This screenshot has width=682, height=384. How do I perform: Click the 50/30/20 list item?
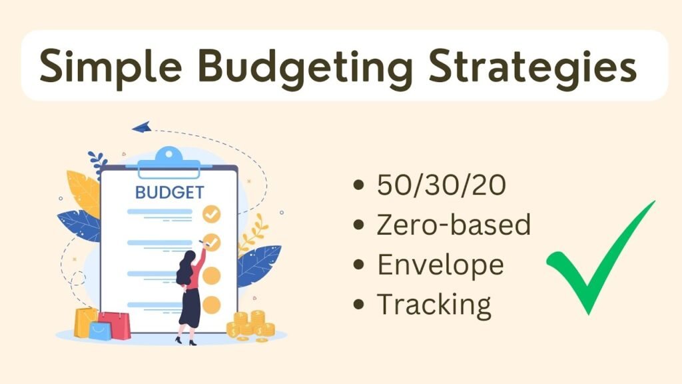pyautogui.click(x=442, y=185)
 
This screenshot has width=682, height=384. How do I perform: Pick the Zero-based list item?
pyautogui.click(x=454, y=224)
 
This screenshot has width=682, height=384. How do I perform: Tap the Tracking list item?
pyautogui.click(x=434, y=305)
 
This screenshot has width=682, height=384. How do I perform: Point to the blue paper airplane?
pyautogui.click(x=141, y=127)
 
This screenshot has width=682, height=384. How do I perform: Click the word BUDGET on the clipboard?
pyautogui.click(x=169, y=193)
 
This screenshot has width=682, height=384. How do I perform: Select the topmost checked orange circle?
pyautogui.click(x=211, y=214)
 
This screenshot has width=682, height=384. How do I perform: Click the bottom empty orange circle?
pyautogui.click(x=211, y=305)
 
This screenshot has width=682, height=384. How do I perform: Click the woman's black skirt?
pyautogui.click(x=190, y=307)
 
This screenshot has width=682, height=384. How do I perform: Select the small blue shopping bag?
pyautogui.click(x=101, y=331)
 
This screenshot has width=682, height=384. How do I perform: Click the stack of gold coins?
pyautogui.click(x=251, y=325)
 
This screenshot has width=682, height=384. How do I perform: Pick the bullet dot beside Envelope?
pyautogui.click(x=358, y=264)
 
